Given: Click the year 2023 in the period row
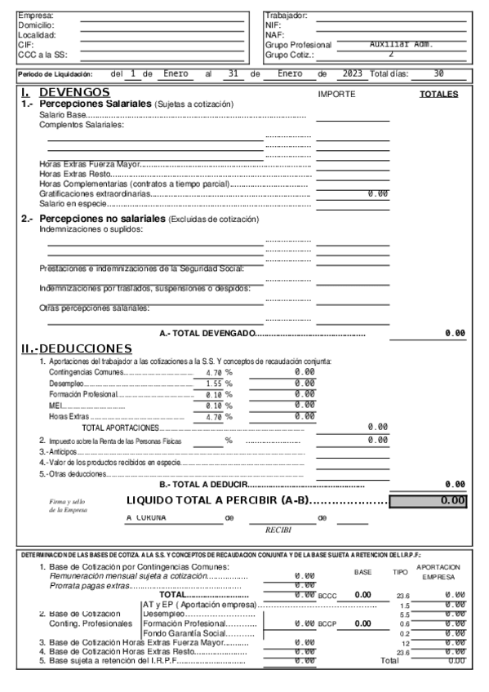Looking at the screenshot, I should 352,73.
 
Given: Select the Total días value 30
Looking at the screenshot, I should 438,73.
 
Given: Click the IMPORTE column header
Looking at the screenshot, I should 336,95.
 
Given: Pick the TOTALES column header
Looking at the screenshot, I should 438,95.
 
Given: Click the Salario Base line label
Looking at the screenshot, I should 62,116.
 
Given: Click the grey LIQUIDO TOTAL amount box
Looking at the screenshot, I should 428,500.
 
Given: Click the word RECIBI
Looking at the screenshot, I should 278,530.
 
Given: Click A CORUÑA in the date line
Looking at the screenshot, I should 146,517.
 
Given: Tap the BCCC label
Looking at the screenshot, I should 327,596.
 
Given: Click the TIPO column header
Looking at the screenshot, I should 400,573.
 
